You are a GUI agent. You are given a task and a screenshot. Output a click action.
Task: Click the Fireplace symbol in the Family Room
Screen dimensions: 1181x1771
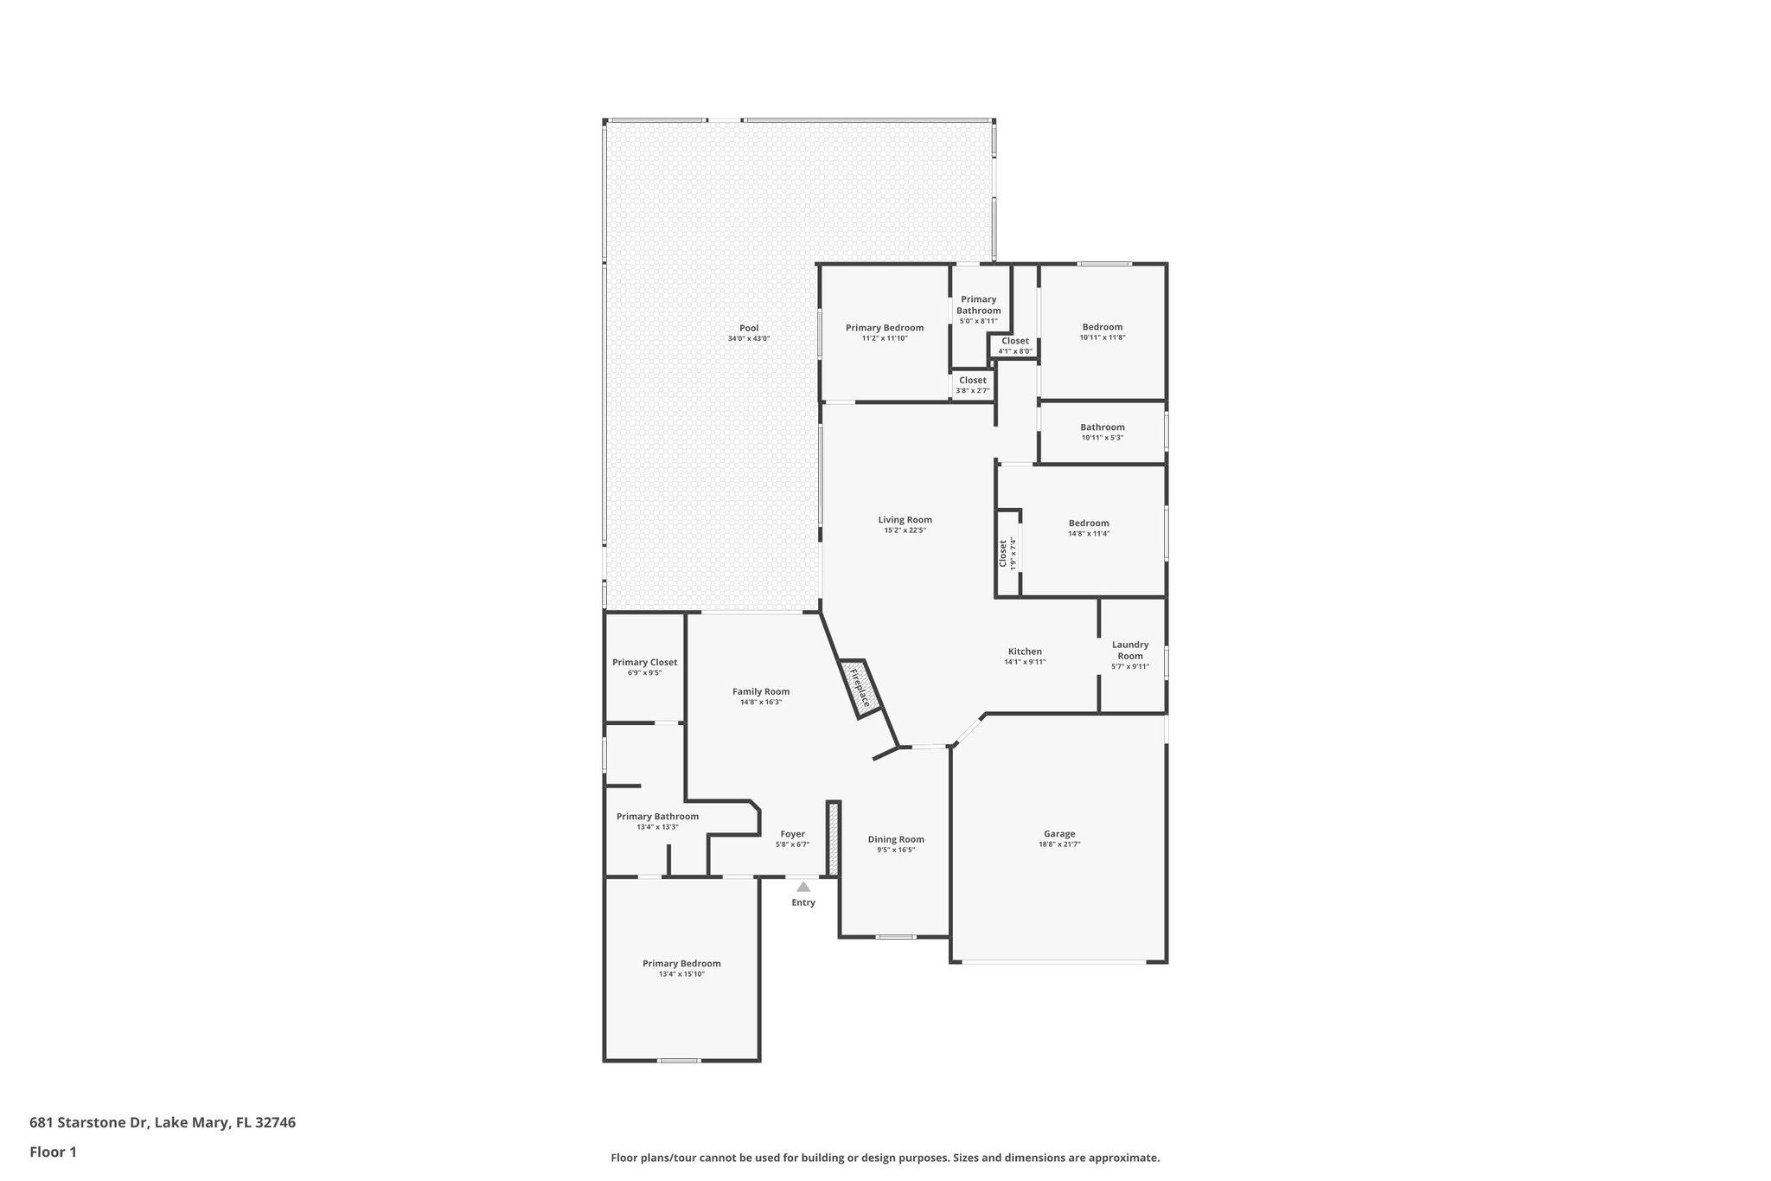[860, 688]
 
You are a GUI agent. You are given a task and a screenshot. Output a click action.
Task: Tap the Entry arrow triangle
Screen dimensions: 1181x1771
[803, 887]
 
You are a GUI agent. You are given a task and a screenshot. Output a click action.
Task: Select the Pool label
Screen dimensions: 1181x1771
[749, 328]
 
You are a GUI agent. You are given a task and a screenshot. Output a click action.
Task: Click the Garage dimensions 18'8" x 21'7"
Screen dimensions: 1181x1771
[1059, 844]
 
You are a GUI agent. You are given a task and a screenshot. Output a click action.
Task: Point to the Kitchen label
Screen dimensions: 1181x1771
[1025, 651]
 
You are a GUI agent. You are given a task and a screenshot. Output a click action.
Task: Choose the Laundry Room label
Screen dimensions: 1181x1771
[1130, 650]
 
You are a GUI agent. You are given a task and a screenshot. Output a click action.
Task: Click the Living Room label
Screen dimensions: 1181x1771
[905, 520]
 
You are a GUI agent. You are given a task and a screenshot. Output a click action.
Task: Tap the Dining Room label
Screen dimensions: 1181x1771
[896, 839]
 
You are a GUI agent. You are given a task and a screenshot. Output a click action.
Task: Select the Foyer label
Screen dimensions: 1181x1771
[792, 834]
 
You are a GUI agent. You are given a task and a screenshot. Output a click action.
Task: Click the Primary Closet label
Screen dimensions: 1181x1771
[644, 662]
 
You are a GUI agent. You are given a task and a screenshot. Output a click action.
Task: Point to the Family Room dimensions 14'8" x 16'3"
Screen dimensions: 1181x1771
[761, 703]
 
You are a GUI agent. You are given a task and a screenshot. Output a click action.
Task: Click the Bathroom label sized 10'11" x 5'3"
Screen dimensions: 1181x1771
[1102, 427]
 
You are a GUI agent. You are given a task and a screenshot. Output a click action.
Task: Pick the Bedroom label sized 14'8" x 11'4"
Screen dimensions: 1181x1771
[1088, 523]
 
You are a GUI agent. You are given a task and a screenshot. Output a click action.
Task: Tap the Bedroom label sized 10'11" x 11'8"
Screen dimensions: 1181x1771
[1102, 327]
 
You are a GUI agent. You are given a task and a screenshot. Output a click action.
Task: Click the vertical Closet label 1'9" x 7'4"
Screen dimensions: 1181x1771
[1003, 553]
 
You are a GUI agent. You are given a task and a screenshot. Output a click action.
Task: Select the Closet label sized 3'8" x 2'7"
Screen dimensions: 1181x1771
[972, 380]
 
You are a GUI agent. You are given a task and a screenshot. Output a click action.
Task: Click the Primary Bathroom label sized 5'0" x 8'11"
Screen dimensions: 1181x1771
[978, 305]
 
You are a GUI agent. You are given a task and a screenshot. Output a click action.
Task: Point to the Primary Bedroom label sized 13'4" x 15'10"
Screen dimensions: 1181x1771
[681, 963]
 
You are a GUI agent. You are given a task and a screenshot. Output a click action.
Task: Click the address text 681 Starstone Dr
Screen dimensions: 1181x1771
[90, 1122]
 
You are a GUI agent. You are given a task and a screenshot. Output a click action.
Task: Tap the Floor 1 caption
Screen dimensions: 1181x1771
[53, 1152]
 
